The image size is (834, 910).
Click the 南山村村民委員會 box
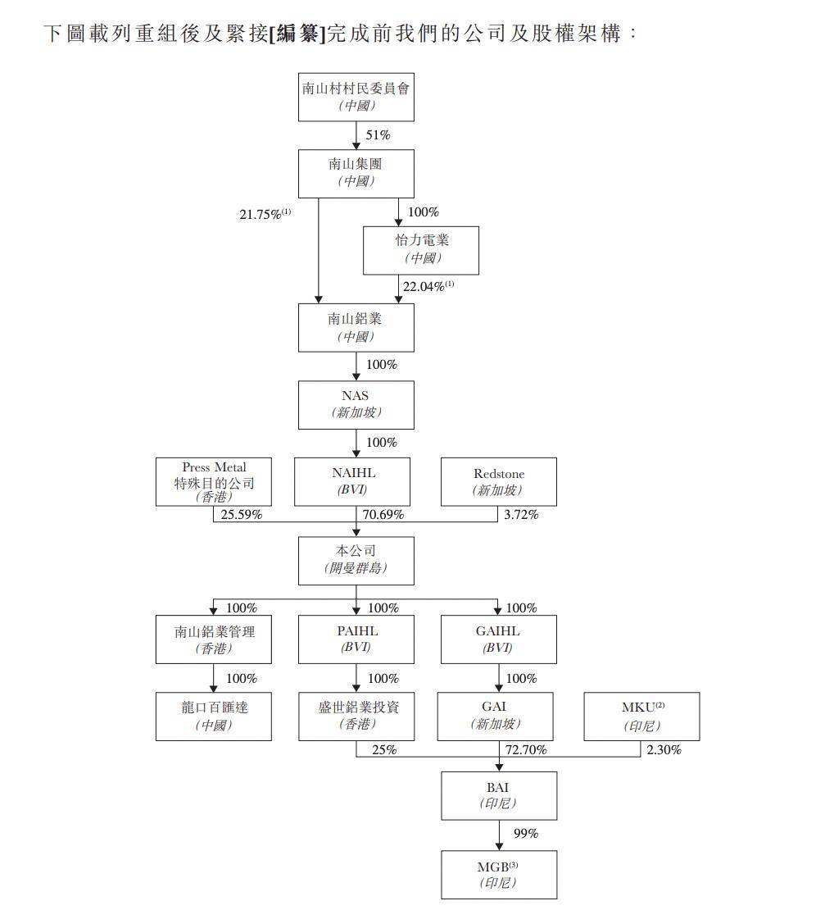click(356, 97)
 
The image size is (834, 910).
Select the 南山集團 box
click(356, 173)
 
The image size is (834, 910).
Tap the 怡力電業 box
click(421, 249)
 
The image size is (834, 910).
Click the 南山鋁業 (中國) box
click(356, 327)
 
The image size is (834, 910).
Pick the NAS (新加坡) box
click(356, 404)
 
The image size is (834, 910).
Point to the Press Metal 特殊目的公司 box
click(214, 482)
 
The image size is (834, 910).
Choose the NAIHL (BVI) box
click(353, 482)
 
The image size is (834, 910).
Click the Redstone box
click(498, 482)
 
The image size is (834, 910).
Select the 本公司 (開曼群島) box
click(356, 560)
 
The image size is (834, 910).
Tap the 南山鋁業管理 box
click(214, 639)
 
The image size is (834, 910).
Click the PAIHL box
click(356, 639)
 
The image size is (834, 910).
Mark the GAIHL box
click(498, 639)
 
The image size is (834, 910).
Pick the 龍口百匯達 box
click(214, 716)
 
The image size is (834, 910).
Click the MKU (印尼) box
click(641, 716)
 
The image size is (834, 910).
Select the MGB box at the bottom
click(498, 874)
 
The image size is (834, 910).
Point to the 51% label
click(378, 135)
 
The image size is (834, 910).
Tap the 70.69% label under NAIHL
click(383, 516)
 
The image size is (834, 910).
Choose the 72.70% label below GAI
click(525, 750)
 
